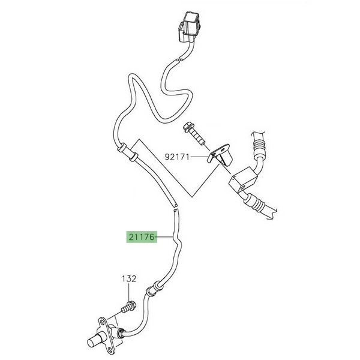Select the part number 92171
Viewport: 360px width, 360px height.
tap(177, 158)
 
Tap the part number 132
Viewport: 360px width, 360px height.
tap(130, 280)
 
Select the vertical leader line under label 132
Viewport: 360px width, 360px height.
tap(130, 294)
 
